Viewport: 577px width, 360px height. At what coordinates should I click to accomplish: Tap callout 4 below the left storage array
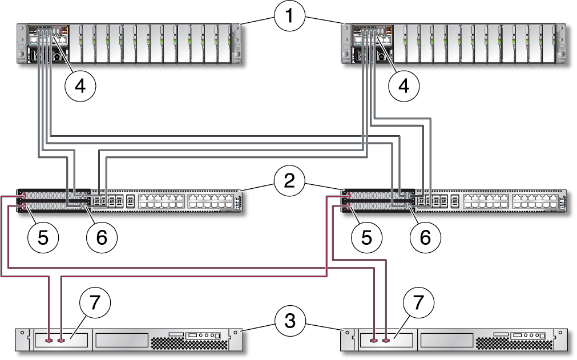click(80, 86)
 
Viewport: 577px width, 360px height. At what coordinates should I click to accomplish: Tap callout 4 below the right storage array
click(404, 86)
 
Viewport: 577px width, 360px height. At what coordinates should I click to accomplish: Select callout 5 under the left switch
click(43, 237)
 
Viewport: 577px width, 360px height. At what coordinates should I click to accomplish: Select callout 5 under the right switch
click(368, 237)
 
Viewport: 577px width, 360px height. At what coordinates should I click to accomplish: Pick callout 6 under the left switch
click(102, 237)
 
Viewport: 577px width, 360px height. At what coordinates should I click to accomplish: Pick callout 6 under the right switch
click(426, 237)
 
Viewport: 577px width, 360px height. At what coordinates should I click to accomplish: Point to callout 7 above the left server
click(95, 304)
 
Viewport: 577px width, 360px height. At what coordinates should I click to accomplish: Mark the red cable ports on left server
click(55, 341)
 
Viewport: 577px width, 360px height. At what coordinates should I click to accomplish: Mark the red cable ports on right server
click(380, 341)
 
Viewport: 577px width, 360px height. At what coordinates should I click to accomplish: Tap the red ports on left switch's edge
click(23, 197)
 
